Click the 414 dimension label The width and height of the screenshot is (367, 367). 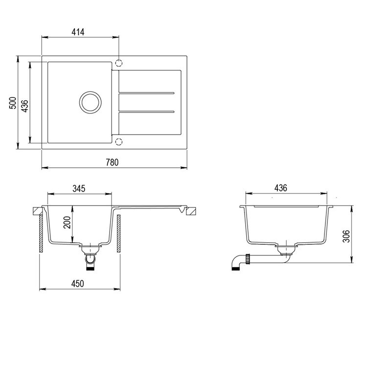coord(78,32)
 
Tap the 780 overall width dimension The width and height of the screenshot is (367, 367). coord(112,162)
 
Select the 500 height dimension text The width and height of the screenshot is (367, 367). coord(13,103)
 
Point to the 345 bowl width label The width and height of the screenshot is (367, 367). coord(79,188)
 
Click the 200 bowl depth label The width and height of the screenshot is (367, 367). coord(67,223)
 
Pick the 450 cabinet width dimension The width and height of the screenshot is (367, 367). coord(77,284)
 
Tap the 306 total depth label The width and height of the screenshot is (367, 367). coord(346,236)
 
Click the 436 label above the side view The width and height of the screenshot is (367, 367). coord(281,188)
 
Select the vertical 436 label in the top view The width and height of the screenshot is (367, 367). coord(24,106)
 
